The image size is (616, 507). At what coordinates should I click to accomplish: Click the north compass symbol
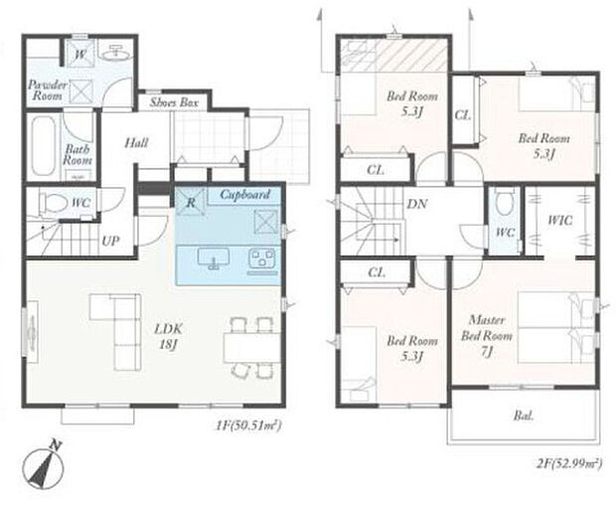[x=43, y=466]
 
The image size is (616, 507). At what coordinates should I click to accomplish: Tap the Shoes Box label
[x=174, y=102]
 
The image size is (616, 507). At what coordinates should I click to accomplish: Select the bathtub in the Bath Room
[x=43, y=147]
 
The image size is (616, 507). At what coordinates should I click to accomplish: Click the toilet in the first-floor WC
[x=53, y=203]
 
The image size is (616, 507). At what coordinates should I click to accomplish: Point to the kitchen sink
[x=214, y=259]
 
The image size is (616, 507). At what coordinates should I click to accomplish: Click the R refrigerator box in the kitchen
[x=191, y=202]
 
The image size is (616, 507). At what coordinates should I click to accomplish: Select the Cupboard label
[x=245, y=194]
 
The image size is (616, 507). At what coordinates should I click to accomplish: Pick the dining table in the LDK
[x=251, y=347]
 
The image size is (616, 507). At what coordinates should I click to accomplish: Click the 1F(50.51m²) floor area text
[x=248, y=425]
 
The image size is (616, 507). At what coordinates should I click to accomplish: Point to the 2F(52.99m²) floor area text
[x=569, y=464]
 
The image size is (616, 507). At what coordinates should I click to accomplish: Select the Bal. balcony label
[x=524, y=416]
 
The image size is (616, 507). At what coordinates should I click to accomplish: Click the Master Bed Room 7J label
[x=487, y=336]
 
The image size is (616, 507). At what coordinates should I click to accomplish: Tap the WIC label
[x=559, y=221]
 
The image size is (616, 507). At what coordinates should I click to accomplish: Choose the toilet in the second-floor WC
[x=505, y=202]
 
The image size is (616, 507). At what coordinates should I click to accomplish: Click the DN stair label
[x=417, y=204]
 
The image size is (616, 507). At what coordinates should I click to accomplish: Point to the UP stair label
[x=110, y=241]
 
